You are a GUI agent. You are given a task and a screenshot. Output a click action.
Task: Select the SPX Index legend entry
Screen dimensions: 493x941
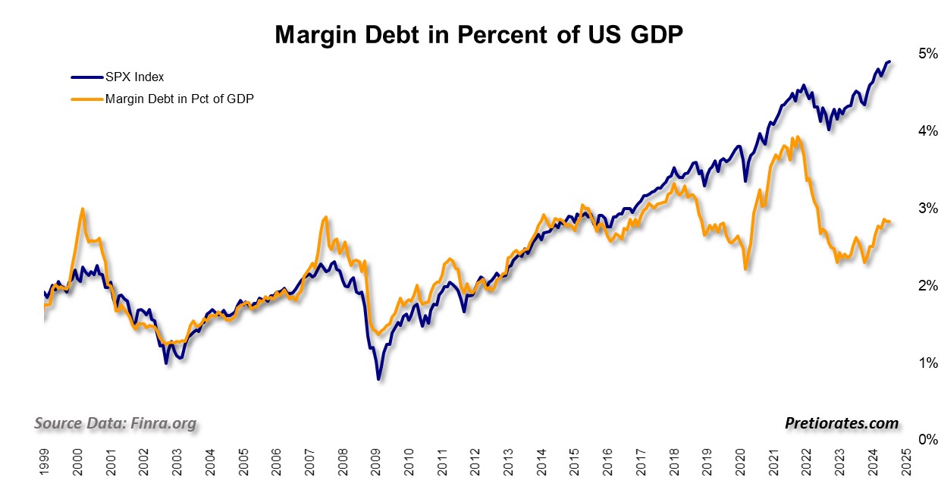tap(134, 77)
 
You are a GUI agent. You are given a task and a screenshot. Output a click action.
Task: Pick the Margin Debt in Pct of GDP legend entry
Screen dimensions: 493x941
tap(179, 98)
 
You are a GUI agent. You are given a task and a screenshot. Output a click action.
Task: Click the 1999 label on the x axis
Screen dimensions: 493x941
tap(45, 462)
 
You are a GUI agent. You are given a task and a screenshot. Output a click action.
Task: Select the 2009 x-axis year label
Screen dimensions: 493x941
tap(376, 462)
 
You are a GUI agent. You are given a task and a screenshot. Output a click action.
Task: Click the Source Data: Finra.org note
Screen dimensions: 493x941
tap(115, 422)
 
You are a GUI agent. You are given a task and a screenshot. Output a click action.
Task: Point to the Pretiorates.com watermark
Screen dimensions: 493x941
tap(842, 423)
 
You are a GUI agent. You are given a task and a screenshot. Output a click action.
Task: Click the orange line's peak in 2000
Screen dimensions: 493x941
tap(82, 209)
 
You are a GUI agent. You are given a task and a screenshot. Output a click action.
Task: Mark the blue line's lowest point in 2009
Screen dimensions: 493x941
tap(378, 378)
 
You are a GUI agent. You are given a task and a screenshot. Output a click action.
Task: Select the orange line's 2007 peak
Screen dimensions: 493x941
tap(325, 217)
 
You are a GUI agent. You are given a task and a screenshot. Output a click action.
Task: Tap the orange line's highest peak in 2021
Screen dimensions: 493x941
tap(798, 137)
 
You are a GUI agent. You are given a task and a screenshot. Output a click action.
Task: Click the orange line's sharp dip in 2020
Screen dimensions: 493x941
tap(746, 268)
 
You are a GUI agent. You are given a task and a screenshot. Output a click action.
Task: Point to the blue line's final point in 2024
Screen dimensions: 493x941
tap(889, 61)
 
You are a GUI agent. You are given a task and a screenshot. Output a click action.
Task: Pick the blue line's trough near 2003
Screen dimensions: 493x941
tap(166, 363)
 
